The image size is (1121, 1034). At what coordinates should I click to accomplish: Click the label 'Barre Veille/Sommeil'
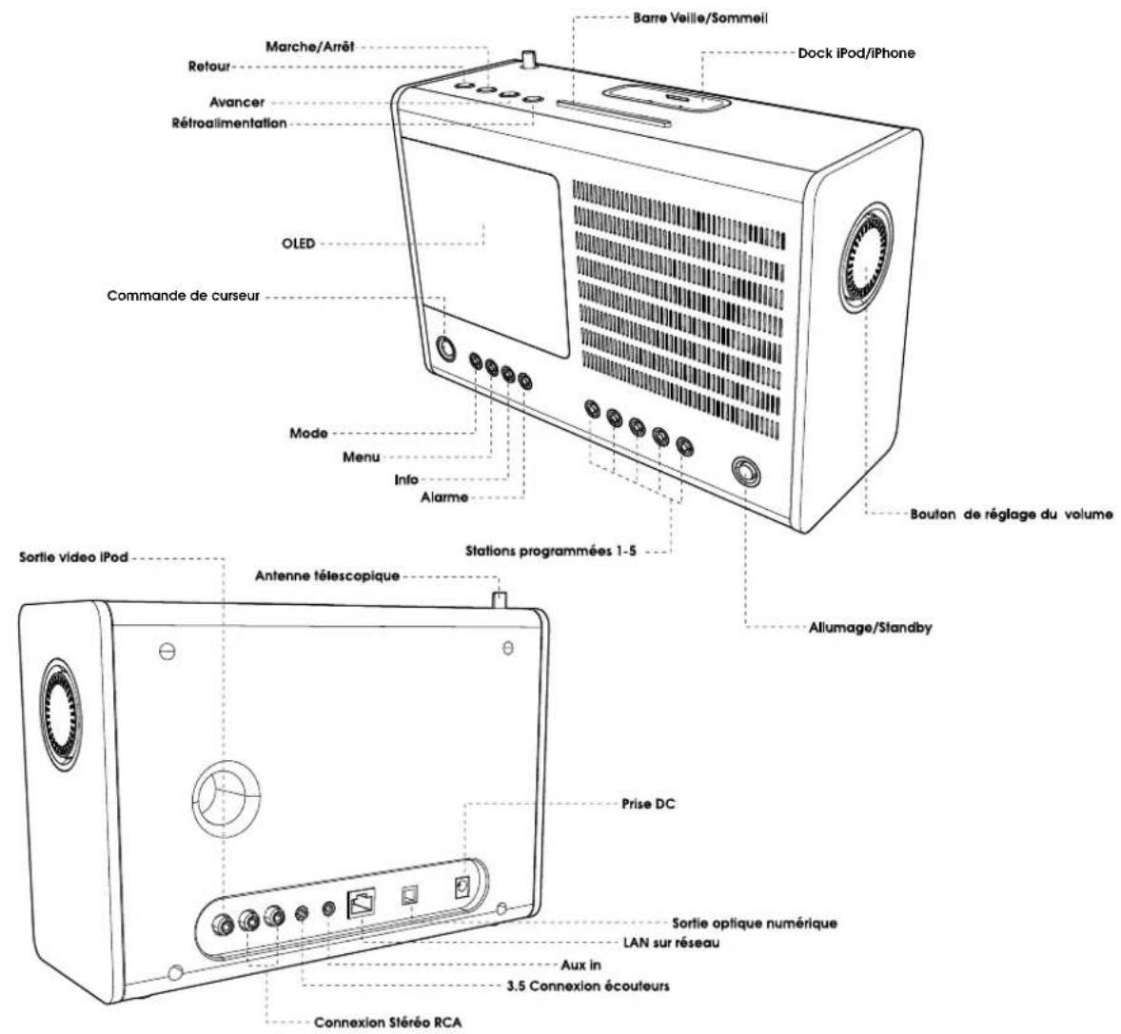click(x=699, y=18)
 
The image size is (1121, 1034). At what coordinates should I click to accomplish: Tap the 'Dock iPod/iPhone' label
click(x=856, y=53)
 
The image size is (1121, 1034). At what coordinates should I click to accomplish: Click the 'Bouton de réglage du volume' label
click(x=1011, y=515)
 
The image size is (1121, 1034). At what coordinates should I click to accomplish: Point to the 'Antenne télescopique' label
click(x=325, y=576)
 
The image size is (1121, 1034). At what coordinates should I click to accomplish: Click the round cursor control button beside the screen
click(x=444, y=349)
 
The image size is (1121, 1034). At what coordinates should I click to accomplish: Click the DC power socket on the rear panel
click(x=463, y=888)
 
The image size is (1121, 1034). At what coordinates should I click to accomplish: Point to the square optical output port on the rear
click(x=412, y=895)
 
